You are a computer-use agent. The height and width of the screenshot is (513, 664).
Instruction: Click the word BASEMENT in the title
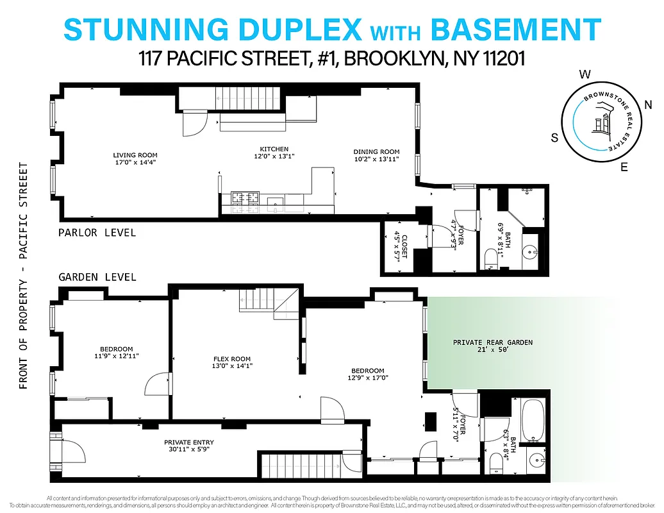[x=515, y=29]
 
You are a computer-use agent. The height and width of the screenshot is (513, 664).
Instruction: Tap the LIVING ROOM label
[x=135, y=155]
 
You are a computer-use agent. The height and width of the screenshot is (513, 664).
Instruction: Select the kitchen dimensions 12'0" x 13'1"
[x=274, y=156]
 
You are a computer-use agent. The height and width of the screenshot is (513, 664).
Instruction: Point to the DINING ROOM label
[x=377, y=152]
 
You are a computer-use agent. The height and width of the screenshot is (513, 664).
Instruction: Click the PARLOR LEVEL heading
[x=97, y=232]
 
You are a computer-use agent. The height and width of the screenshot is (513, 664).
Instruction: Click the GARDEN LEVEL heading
[x=97, y=277]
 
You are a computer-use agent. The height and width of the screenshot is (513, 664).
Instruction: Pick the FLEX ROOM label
[x=232, y=359]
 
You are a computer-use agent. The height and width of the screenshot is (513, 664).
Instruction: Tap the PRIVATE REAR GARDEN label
[x=492, y=342]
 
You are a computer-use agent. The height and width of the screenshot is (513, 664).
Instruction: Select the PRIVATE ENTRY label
[x=189, y=442]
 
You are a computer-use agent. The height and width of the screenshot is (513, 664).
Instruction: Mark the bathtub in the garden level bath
[x=533, y=421]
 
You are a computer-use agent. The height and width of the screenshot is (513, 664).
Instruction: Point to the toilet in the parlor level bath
[x=491, y=258]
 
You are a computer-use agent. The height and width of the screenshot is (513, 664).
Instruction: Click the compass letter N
[x=648, y=105]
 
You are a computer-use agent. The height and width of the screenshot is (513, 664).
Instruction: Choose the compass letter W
[x=585, y=74]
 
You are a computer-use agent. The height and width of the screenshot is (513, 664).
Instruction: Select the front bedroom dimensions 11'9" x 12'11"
[x=117, y=356]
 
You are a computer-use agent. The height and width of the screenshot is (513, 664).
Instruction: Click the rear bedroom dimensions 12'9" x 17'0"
[x=367, y=378]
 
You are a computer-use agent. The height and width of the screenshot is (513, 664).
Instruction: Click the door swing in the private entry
[x=72, y=452]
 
